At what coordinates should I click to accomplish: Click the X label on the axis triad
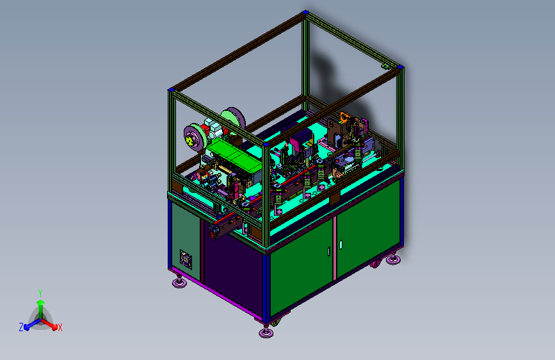coord(60,327)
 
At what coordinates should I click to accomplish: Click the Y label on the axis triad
coord(40,293)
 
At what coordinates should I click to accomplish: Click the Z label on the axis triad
coord(21,327)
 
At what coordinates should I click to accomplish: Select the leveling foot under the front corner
coord(266,332)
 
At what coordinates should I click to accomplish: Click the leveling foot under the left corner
coord(179,282)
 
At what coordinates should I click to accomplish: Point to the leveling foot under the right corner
coord(393,259)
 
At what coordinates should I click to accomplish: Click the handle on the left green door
coord(329,251)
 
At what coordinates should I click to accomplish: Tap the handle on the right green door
coord(341,244)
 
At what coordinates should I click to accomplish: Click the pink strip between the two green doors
coord(335,249)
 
